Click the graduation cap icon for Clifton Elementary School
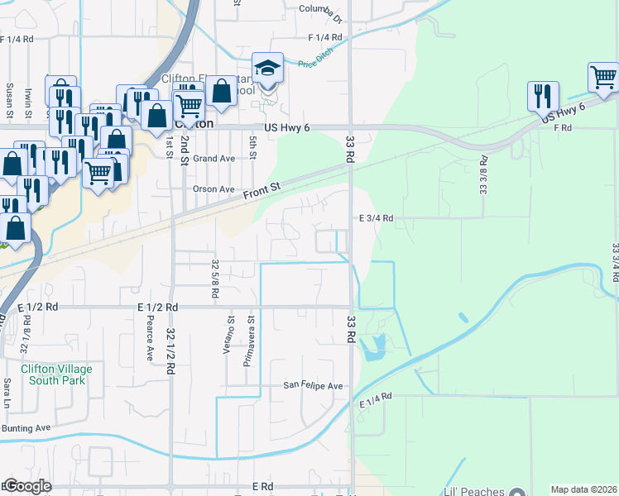(x=267, y=67)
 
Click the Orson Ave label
(x=214, y=188)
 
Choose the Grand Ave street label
(x=215, y=158)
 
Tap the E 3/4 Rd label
(x=376, y=218)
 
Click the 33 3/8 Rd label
(x=483, y=176)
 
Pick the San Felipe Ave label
(x=313, y=386)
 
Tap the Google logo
(x=27, y=486)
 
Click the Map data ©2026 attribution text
(x=583, y=489)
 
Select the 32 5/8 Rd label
(x=215, y=279)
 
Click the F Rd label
(x=563, y=128)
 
